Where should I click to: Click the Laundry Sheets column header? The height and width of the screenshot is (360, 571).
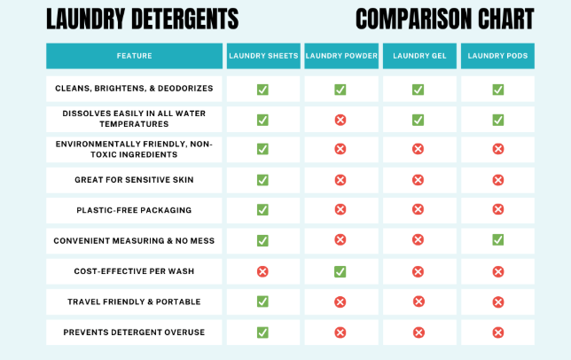(262, 56)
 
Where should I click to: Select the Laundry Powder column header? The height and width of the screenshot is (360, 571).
(340, 56)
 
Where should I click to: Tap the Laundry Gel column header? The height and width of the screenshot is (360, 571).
(418, 56)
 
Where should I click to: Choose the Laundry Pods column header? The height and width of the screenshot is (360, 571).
(497, 56)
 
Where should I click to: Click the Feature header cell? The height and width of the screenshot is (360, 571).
(134, 56)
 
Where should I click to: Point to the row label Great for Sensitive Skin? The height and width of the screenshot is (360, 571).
(134, 180)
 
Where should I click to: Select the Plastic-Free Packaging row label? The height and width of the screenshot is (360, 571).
(134, 210)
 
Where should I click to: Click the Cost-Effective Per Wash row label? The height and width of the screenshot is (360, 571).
(134, 270)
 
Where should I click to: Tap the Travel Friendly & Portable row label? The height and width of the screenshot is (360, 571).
(134, 301)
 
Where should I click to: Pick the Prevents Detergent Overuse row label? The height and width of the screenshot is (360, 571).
(134, 332)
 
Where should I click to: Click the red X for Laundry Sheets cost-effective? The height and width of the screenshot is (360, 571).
(262, 271)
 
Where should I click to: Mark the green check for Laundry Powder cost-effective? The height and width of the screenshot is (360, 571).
(340, 271)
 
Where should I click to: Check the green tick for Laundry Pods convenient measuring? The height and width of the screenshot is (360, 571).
(497, 240)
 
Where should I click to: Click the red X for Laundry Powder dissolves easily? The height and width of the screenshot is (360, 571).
(340, 120)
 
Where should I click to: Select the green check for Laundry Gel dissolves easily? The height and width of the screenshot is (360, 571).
(418, 120)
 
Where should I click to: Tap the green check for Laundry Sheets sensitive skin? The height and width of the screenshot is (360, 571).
(262, 180)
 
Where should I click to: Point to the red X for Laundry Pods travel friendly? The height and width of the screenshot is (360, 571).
(497, 301)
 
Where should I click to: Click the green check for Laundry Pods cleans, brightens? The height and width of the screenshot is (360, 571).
(497, 90)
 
